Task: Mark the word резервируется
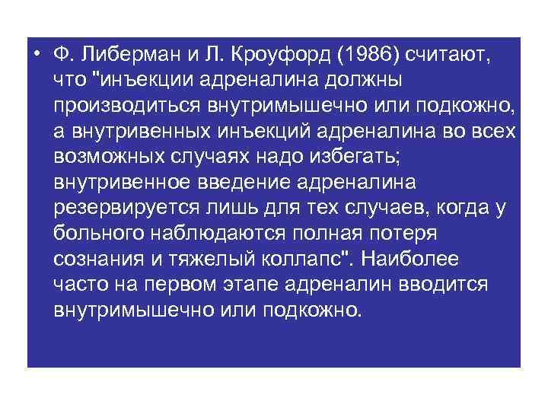[122, 209]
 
